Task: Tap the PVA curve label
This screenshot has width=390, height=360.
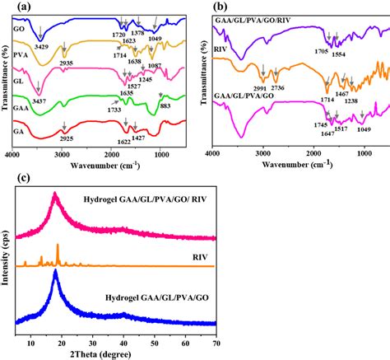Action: pyautogui.click(x=21, y=55)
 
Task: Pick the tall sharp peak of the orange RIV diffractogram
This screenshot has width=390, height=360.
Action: pyautogui.click(x=58, y=247)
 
